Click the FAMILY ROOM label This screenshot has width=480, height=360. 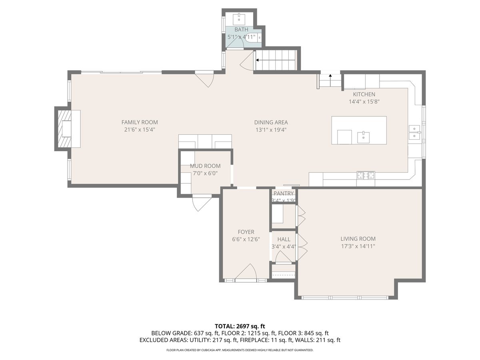pos(140,122)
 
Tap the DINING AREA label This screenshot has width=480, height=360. pos(271,123)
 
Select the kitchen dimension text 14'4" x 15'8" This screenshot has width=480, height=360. pos(364,102)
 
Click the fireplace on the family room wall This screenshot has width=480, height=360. pos(64,128)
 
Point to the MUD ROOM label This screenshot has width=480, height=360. pos(205,166)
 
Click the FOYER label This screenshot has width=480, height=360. pos(246,232)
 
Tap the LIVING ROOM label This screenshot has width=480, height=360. pos(358,239)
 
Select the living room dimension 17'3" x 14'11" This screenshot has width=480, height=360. pos(358,246)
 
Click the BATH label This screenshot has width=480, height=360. pos(241,30)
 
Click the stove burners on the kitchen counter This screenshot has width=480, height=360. pos(366,175)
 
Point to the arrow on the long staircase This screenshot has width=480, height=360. pos(258,60)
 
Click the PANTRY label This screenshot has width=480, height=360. pos(284,194)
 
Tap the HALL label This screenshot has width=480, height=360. pos(284,239)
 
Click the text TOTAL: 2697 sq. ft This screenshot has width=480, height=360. pos(240,326)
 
